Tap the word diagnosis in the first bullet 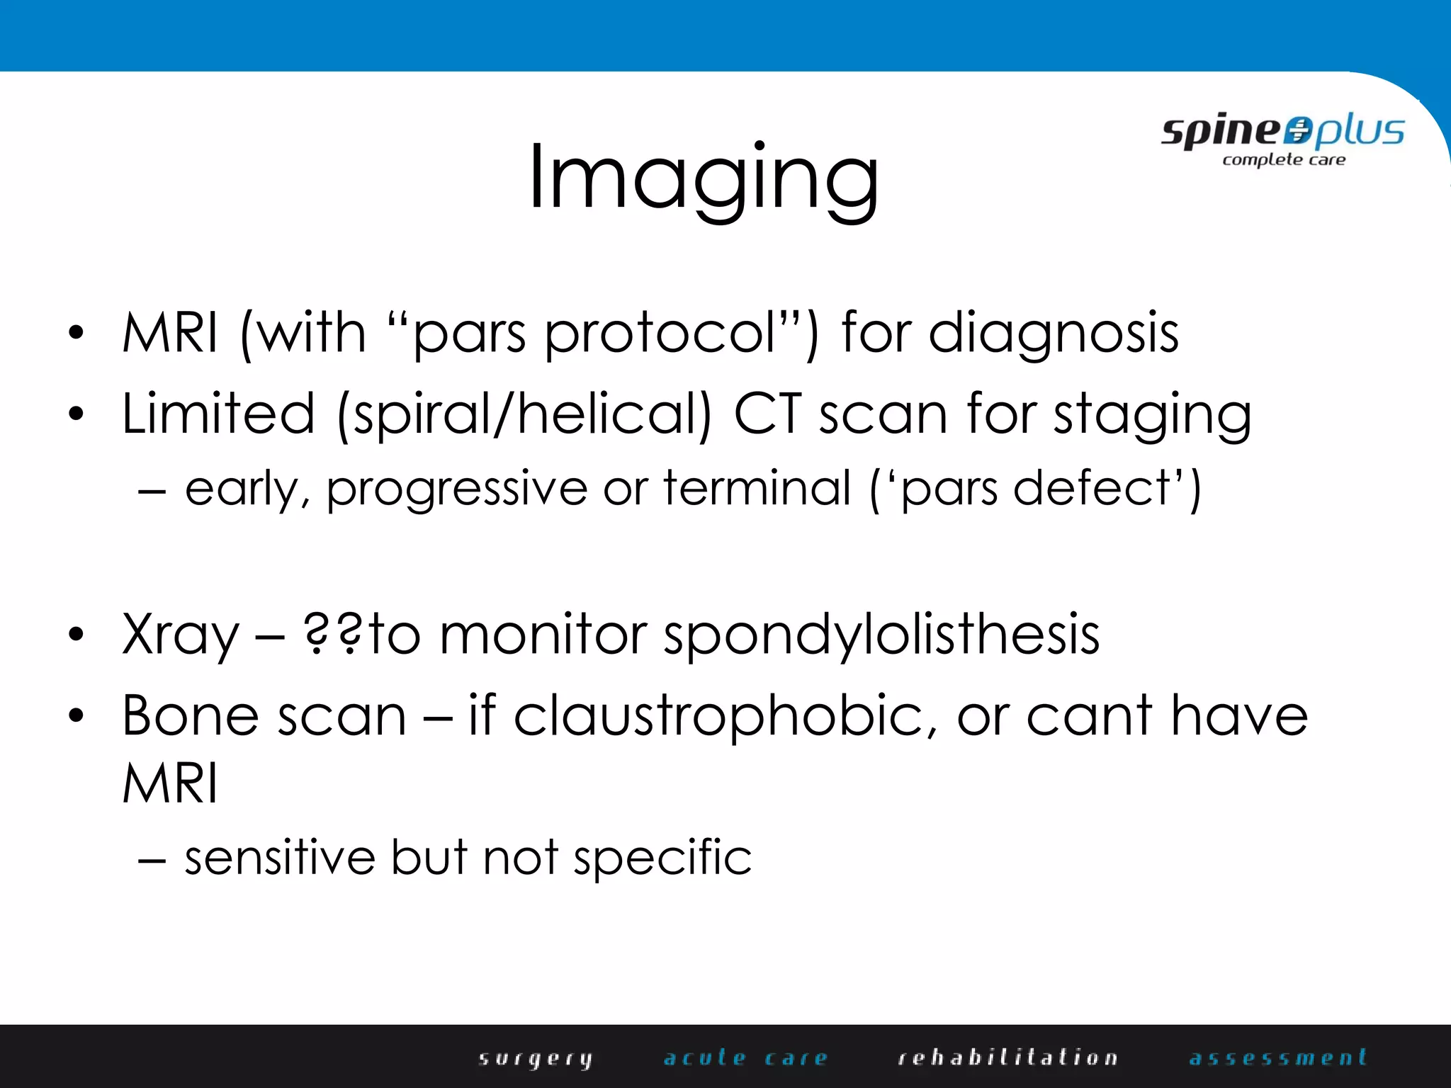coord(1054,333)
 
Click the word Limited coord(218,414)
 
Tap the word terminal coord(757,489)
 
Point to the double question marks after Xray coord(332,634)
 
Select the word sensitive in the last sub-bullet coord(280,858)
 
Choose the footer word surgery coord(536,1059)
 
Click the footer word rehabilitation coord(1007,1058)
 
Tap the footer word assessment coord(1277,1058)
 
